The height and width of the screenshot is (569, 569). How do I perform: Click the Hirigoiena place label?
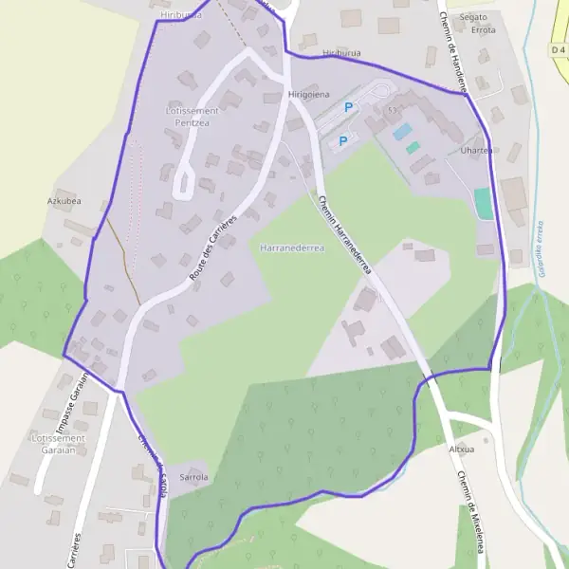pyautogui.click(x=308, y=95)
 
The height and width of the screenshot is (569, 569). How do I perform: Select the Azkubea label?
pyautogui.click(x=64, y=201)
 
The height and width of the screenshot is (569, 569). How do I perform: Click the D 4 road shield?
pyautogui.click(x=558, y=48)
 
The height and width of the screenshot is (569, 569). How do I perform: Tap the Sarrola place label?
pyautogui.click(x=193, y=477)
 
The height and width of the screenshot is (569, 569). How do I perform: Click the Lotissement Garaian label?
pyautogui.click(x=59, y=445)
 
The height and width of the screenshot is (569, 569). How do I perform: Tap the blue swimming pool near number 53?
pyautogui.click(x=402, y=130)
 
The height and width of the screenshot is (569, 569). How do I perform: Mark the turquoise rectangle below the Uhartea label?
pyautogui.click(x=484, y=203)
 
